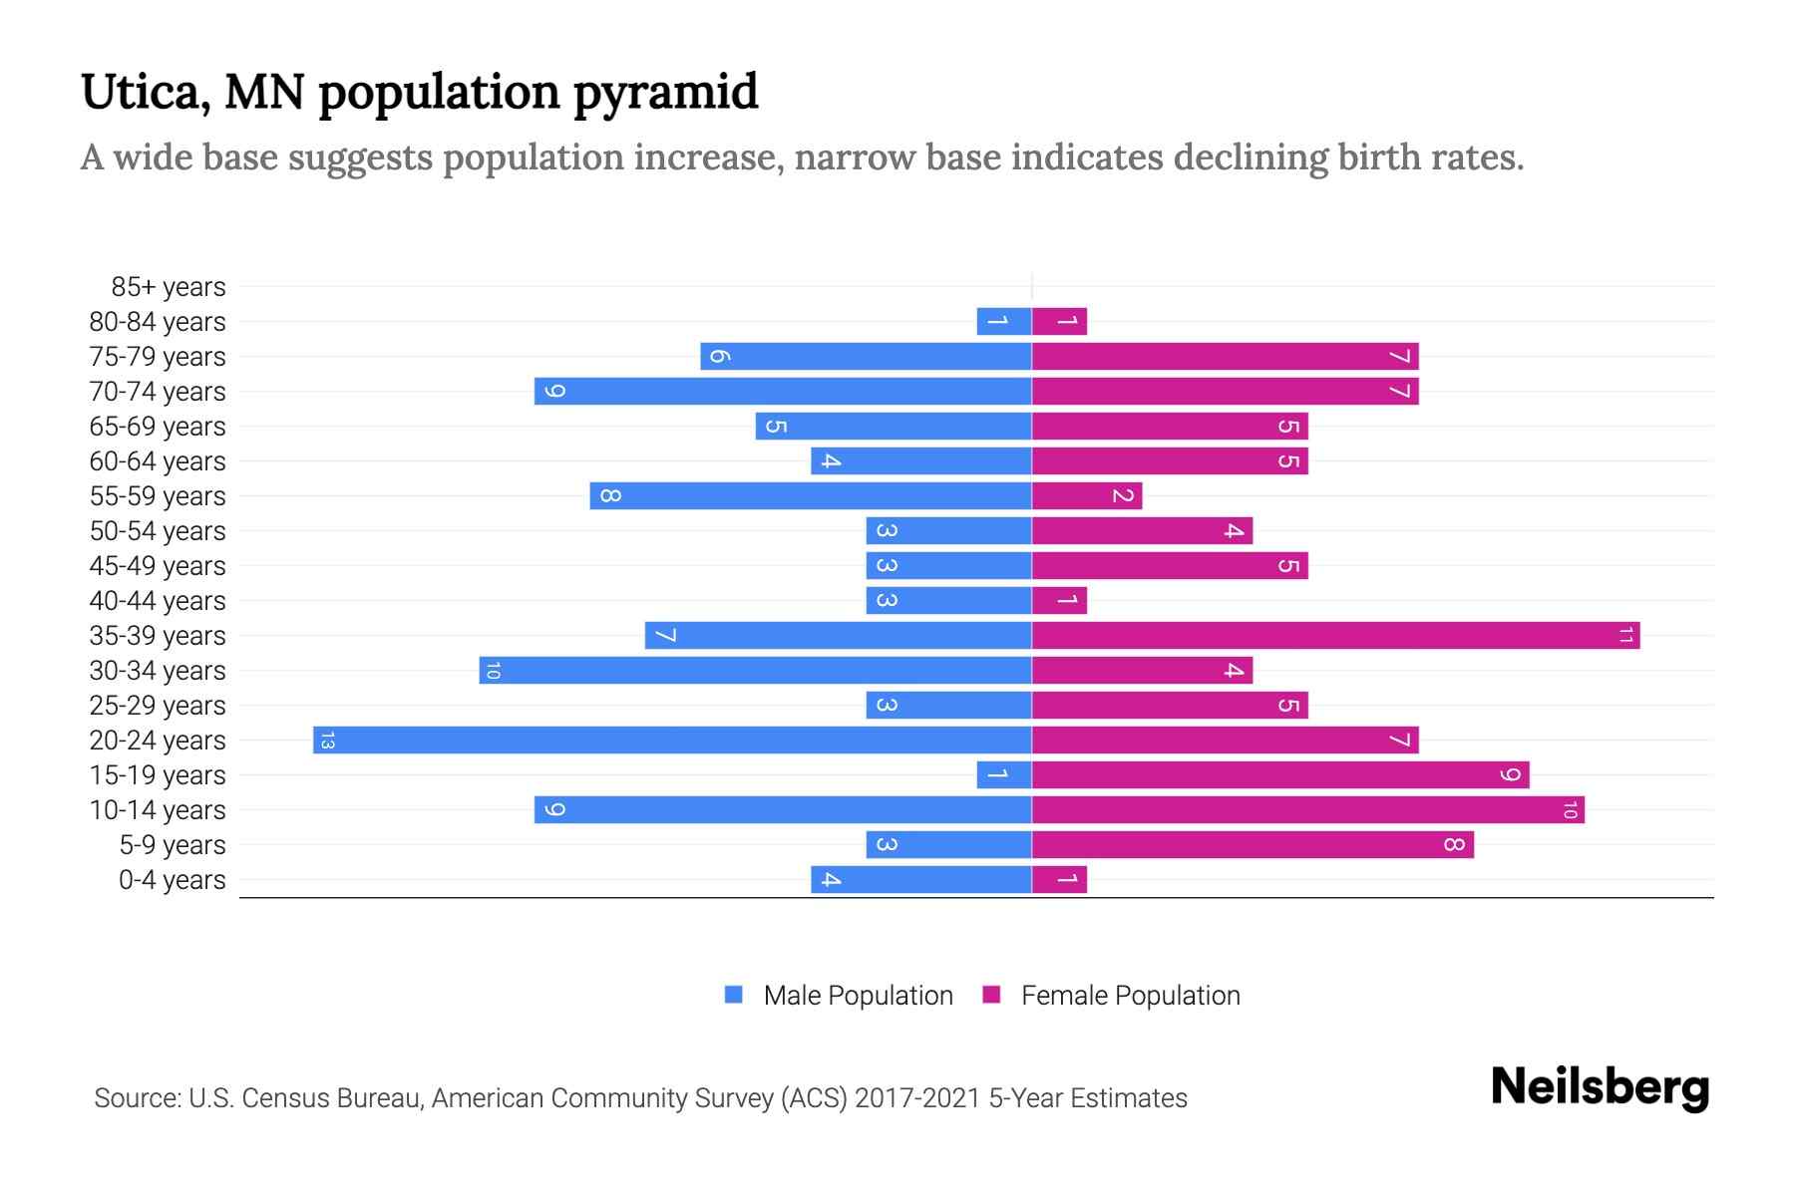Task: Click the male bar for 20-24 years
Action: (672, 741)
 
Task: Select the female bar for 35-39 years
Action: (1335, 636)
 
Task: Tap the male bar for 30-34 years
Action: (755, 671)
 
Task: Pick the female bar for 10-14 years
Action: (1307, 810)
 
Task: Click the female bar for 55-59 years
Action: (1087, 496)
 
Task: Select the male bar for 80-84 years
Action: (1004, 322)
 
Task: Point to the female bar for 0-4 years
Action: (1059, 880)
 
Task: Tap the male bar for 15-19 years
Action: (1004, 775)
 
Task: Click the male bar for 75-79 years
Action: (866, 357)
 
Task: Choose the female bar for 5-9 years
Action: (1253, 845)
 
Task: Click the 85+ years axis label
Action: (168, 287)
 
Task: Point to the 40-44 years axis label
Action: (157, 601)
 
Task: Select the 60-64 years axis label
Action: (157, 461)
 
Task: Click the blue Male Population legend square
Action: (734, 995)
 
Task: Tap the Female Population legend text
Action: (1130, 996)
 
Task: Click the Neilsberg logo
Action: (1600, 1087)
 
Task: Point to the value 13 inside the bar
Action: (327, 741)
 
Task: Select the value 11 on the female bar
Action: (1625, 636)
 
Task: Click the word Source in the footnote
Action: (137, 1098)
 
